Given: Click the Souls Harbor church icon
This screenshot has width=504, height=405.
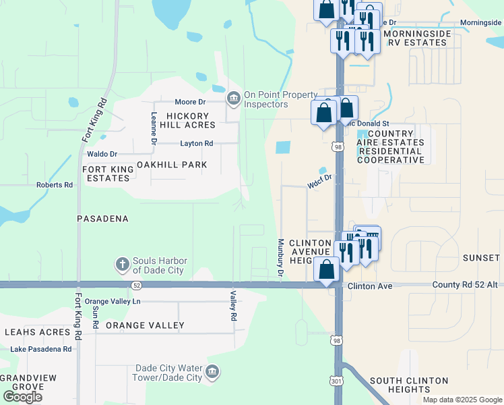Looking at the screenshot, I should pos(122,263).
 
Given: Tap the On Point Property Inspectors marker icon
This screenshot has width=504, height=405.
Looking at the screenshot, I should pos(234,99).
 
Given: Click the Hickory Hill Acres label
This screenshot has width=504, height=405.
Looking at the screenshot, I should pos(187,120).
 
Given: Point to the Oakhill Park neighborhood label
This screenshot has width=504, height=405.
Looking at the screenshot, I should pos(172,165).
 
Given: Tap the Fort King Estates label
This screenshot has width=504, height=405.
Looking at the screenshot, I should pos(106,173).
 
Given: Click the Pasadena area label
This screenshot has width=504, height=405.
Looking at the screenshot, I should pos(102,219).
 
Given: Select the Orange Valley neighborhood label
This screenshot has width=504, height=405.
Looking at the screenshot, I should pos(144,325).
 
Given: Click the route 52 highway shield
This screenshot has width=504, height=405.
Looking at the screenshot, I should pos(136,286).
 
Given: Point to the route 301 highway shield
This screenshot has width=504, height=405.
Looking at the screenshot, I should pos(336,381).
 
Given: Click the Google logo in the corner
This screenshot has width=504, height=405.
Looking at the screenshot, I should pos(22,397).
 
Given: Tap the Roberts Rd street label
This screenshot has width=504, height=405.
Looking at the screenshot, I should pos(55,185).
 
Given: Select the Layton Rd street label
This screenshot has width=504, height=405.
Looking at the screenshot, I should pos(196,143).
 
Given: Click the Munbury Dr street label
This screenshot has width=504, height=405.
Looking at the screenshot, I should pos(279,256).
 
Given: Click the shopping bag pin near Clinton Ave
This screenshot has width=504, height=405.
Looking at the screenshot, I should pos(327,269).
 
